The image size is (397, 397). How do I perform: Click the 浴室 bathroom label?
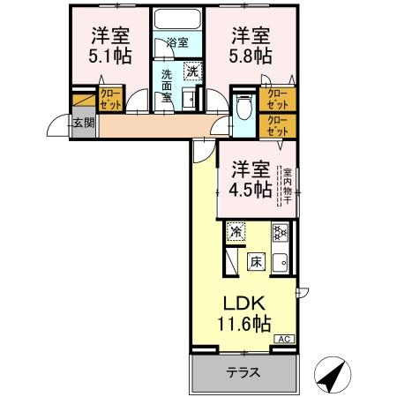pyautogui.click(x=177, y=41)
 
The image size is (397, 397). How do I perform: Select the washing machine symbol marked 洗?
pyautogui.click(x=191, y=72)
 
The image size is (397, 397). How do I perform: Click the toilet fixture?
pyautogui.click(x=245, y=107)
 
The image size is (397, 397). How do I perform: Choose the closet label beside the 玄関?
pyautogui.click(x=111, y=97)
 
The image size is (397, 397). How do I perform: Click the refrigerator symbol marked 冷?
pyautogui.click(x=236, y=232)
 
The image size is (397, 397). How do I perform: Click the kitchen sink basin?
pyautogui.click(x=281, y=261)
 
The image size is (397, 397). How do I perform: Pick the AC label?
pyautogui.click(x=284, y=339)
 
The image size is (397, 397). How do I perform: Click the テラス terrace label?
pyautogui.click(x=243, y=372)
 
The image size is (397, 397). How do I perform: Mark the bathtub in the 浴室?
pyautogui.click(x=177, y=23)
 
